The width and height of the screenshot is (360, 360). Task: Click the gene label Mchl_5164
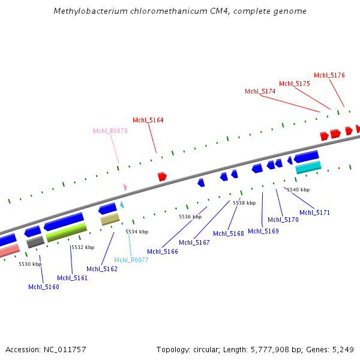[148, 120]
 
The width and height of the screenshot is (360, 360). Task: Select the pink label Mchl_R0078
[110, 131]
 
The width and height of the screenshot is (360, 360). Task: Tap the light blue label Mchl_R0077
[131, 260]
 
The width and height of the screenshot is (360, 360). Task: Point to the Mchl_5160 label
[44, 287]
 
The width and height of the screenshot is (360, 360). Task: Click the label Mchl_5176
[329, 75]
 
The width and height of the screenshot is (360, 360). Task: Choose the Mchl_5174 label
[260, 91]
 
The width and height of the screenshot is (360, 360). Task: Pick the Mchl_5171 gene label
[315, 212]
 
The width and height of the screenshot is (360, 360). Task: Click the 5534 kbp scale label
[137, 232]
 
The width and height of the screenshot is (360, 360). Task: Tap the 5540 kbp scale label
[298, 190]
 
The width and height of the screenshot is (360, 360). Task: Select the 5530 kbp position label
[30, 264]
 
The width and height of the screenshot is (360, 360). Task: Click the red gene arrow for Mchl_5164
[161, 176]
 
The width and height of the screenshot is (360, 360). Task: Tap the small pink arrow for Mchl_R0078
[125, 187]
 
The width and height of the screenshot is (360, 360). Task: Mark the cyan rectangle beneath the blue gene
[308, 167]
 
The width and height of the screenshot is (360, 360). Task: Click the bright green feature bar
[67, 230]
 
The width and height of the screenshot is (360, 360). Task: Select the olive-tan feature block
[110, 219]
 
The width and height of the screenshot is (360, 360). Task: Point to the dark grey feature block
[35, 241]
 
